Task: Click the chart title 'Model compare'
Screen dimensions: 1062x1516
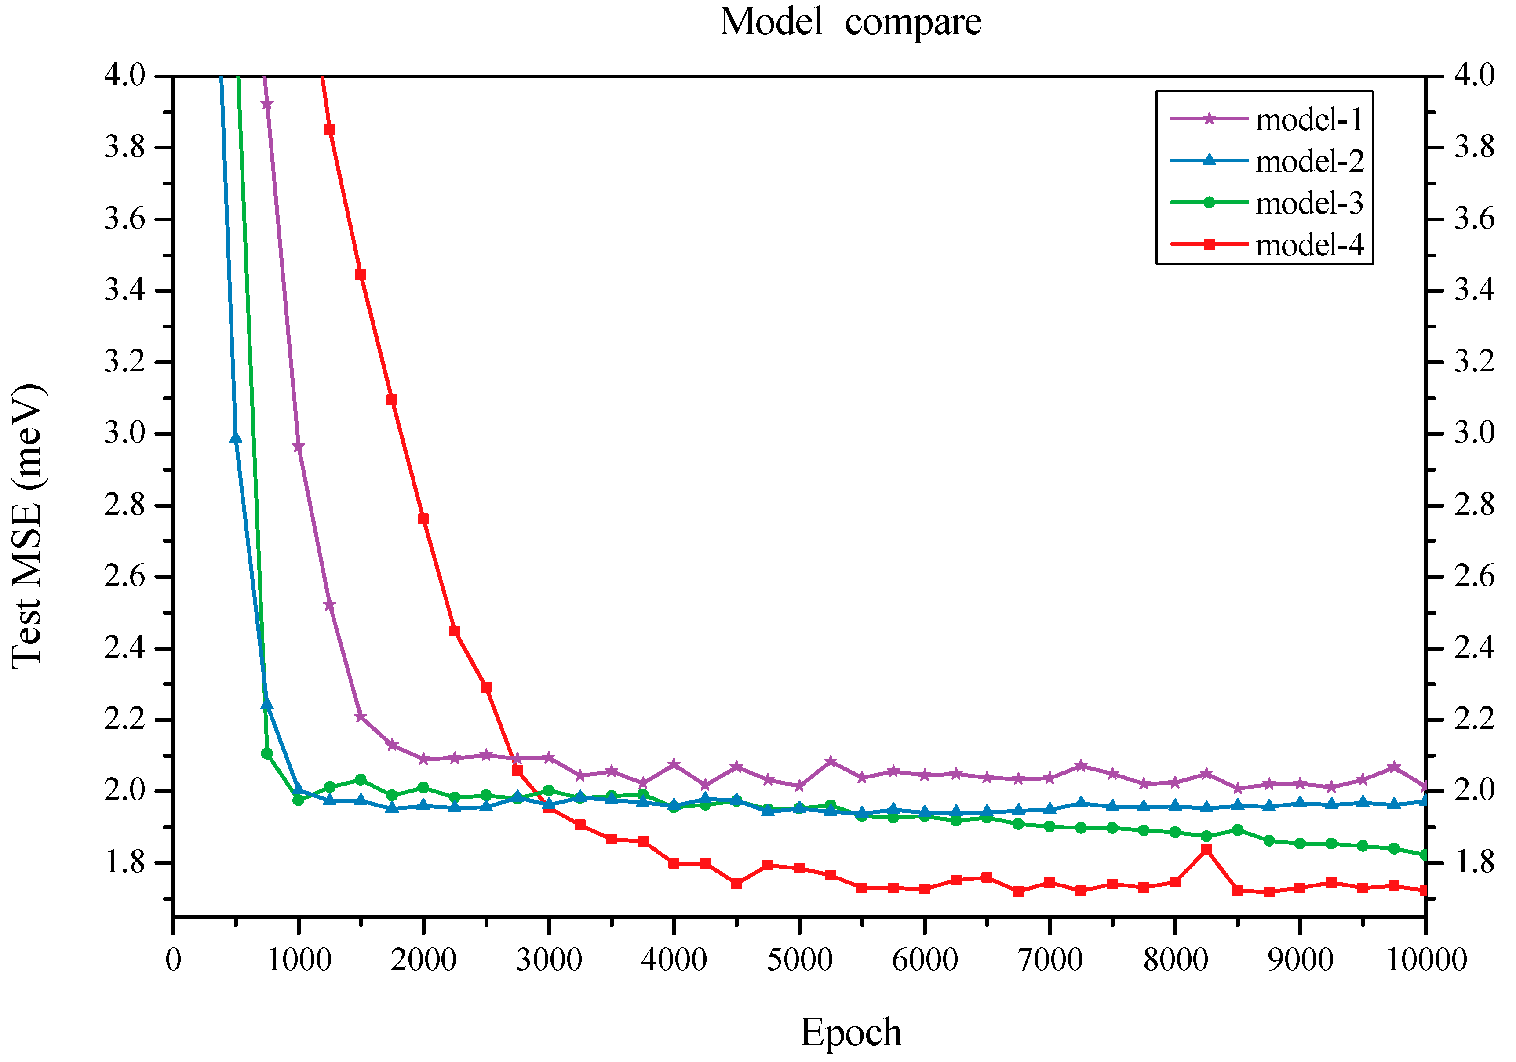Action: [850, 22]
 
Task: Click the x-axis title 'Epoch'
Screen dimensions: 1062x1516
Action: [850, 1032]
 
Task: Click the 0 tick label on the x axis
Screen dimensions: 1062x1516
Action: [173, 960]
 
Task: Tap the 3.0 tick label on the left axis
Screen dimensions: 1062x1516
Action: [125, 434]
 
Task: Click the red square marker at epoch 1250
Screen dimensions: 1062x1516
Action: [329, 129]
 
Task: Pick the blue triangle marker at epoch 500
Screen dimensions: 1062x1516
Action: [235, 438]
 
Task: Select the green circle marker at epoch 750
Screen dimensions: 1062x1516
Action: [267, 753]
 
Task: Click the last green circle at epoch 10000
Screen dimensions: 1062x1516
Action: [1424, 855]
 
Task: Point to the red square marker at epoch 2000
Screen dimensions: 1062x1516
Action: [423, 519]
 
